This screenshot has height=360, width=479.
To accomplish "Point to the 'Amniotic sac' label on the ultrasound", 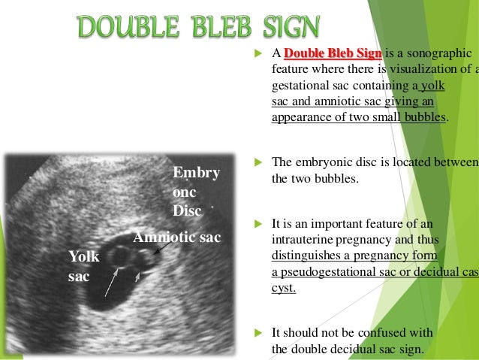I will tap(177, 238).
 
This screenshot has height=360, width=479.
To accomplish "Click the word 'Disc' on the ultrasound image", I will tap(187, 211).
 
